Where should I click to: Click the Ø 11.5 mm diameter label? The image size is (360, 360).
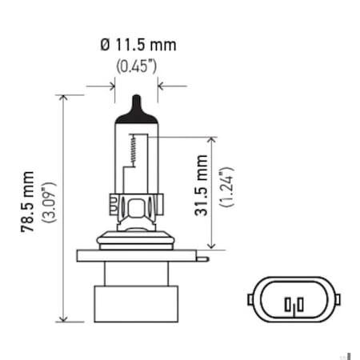coord(138,45)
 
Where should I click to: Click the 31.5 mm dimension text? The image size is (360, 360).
coord(202,190)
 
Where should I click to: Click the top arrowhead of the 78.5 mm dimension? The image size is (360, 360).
coord(62,98)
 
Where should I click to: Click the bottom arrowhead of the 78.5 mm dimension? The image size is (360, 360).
coord(62,316)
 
